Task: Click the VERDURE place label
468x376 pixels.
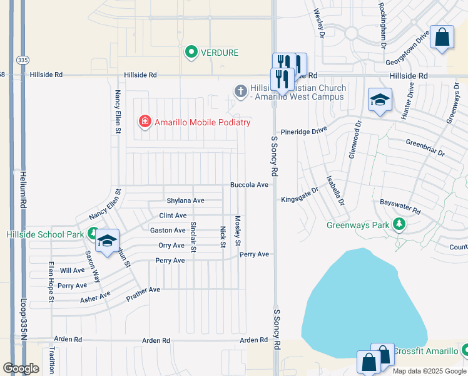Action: click(219, 53)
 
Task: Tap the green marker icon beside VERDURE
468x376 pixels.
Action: click(191, 52)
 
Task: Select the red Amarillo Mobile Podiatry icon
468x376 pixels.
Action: click(145, 122)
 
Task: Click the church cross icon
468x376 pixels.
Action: click(240, 91)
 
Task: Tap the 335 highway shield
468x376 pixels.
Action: click(23, 60)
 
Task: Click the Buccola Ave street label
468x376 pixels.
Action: click(249, 185)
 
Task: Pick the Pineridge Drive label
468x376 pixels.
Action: click(304, 131)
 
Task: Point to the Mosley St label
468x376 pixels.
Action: click(238, 231)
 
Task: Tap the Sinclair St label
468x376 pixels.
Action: click(193, 237)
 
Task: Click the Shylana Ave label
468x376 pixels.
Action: click(186, 201)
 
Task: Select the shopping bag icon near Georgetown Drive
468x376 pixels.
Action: click(442, 37)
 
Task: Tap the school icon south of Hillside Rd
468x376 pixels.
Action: click(380, 100)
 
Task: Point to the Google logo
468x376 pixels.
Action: click(21, 368)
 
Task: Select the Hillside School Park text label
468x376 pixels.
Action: click(44, 234)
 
